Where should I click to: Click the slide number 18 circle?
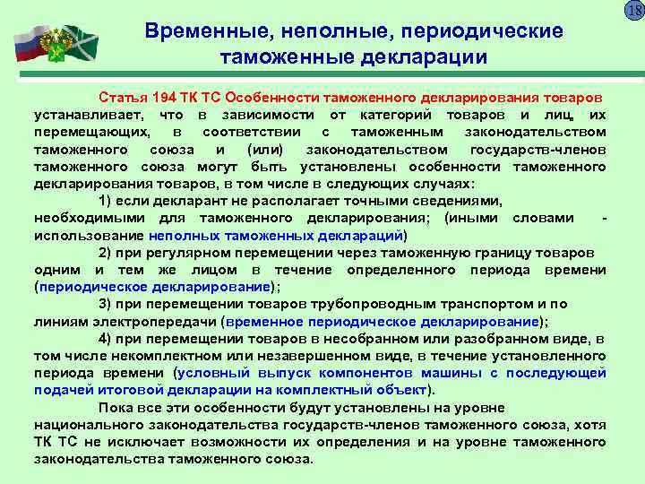tap(633, 11)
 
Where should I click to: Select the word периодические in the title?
tap(483, 31)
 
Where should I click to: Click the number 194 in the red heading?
tap(165, 96)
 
